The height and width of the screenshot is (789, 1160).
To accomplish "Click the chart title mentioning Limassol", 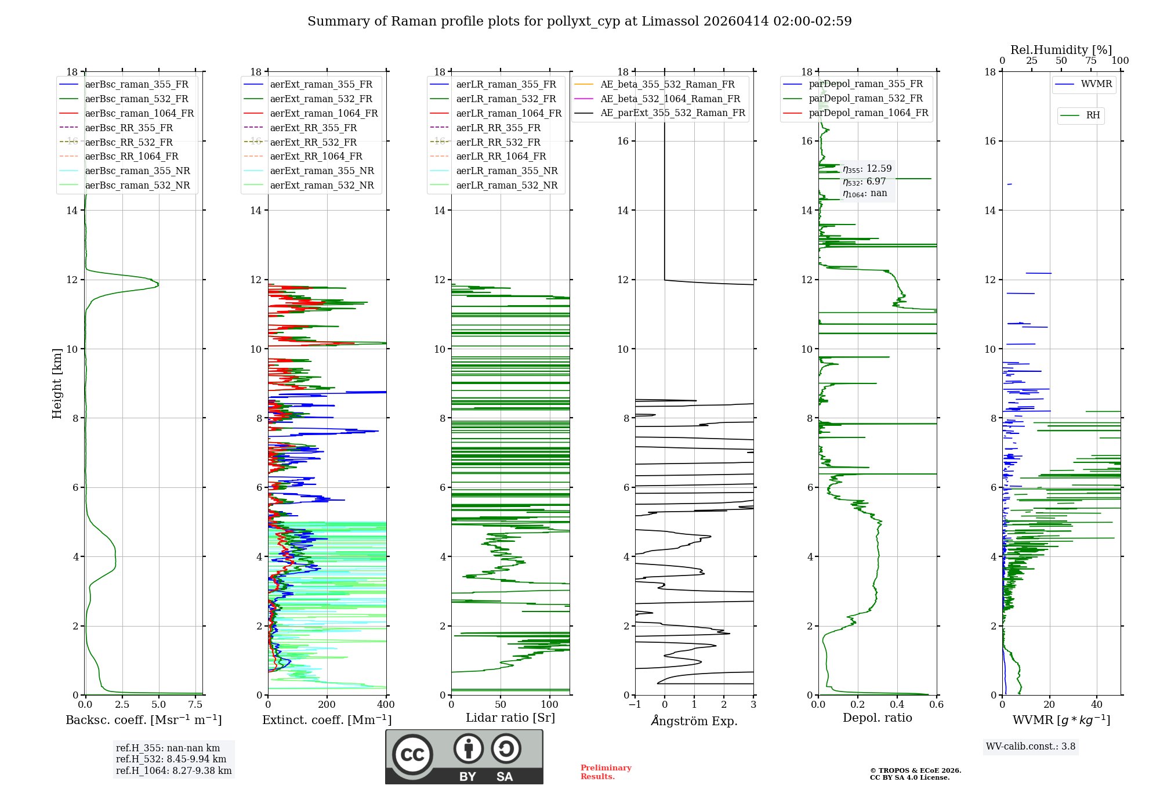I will [579, 21].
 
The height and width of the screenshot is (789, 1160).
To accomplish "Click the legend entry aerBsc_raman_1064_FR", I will [139, 114].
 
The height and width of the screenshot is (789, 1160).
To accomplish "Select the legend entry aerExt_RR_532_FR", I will [313, 142].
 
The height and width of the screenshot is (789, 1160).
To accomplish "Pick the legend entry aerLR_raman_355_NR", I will [506, 171].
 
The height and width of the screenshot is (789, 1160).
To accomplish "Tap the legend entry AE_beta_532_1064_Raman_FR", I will [670, 99].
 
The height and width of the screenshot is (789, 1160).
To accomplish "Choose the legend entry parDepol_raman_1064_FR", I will [868, 113].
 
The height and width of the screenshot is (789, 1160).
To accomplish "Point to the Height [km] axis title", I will [57, 383].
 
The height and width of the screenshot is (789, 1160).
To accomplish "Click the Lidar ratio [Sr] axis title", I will [510, 718].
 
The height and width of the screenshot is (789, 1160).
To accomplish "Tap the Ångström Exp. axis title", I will [694, 721].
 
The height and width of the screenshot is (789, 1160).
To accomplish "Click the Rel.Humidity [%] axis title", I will [1061, 50].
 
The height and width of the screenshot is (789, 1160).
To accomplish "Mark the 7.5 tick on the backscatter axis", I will [195, 705].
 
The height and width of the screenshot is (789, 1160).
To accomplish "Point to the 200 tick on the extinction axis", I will [327, 705].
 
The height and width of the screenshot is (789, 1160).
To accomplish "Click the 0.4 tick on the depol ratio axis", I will [897, 705].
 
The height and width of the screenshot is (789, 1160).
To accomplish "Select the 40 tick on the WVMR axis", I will [1097, 705].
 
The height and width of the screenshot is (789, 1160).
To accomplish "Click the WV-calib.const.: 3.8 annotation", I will [1031, 747].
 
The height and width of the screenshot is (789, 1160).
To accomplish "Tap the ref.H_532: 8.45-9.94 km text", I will [171, 759].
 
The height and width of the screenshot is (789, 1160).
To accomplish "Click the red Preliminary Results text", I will [606, 772].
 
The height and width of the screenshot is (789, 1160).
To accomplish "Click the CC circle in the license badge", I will [412, 755].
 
